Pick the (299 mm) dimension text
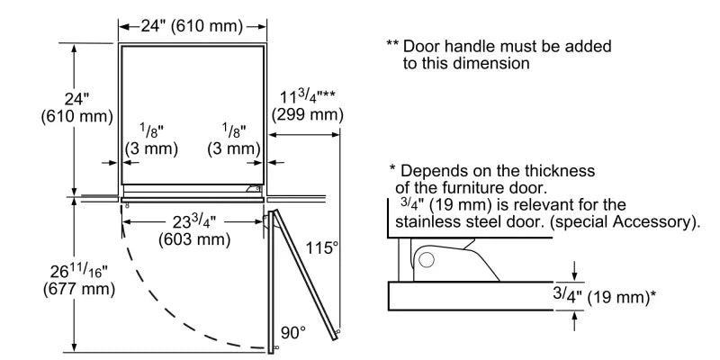307,115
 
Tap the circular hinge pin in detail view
426,261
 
